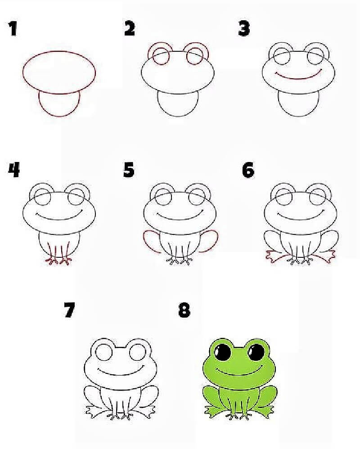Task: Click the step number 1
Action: pyautogui.click(x=13, y=29)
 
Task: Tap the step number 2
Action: pyautogui.click(x=130, y=28)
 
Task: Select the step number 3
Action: pyautogui.click(x=244, y=29)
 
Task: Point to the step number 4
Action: pyautogui.click(x=14, y=170)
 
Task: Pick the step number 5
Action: pyautogui.click(x=129, y=170)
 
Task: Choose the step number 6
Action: pyautogui.click(x=248, y=170)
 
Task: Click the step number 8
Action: pyautogui.click(x=184, y=310)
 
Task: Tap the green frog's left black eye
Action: pyautogui.click(x=223, y=352)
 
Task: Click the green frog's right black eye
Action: pyautogui.click(x=256, y=352)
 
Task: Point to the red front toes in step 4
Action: pyautogui.click(x=58, y=260)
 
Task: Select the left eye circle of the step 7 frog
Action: pyautogui.click(x=104, y=352)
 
